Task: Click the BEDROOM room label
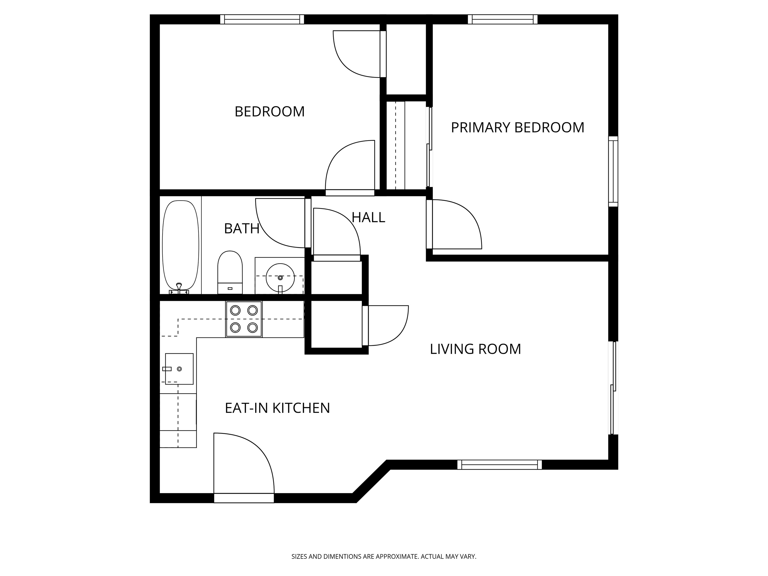pos(269,112)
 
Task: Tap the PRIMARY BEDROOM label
pos(517,127)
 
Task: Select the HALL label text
pos(368,217)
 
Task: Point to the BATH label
pos(242,228)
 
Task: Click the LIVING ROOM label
pos(475,349)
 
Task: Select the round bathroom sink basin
pos(280,278)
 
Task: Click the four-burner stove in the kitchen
pos(244,319)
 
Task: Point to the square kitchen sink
pos(179,369)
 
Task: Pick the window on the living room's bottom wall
pos(499,464)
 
